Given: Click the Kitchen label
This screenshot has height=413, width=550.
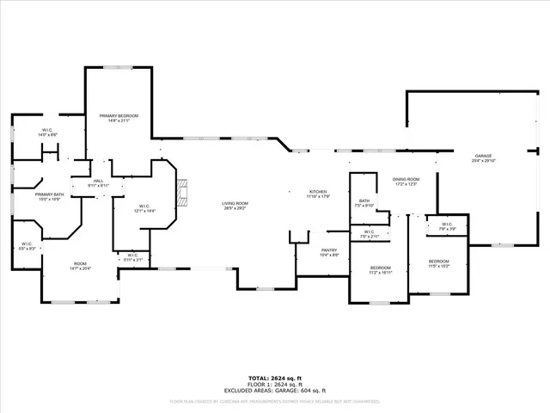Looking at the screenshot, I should click(x=319, y=194).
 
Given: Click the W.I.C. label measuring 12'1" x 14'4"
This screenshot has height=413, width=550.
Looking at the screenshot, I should click(x=144, y=208).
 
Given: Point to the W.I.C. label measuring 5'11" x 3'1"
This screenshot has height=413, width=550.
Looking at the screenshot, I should click(x=132, y=256).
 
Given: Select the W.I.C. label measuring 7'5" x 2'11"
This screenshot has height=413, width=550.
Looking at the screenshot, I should click(x=369, y=233).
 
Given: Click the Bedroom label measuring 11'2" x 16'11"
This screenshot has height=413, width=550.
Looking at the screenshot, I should click(x=381, y=270).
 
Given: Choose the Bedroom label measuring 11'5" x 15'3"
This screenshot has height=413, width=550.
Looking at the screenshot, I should click(x=438, y=262).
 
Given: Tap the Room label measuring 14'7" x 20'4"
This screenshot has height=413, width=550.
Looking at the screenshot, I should click(x=80, y=266).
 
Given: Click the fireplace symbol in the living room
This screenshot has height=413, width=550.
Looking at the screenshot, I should click(x=180, y=192).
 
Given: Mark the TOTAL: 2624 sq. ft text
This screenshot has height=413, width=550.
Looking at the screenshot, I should click(x=274, y=378).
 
